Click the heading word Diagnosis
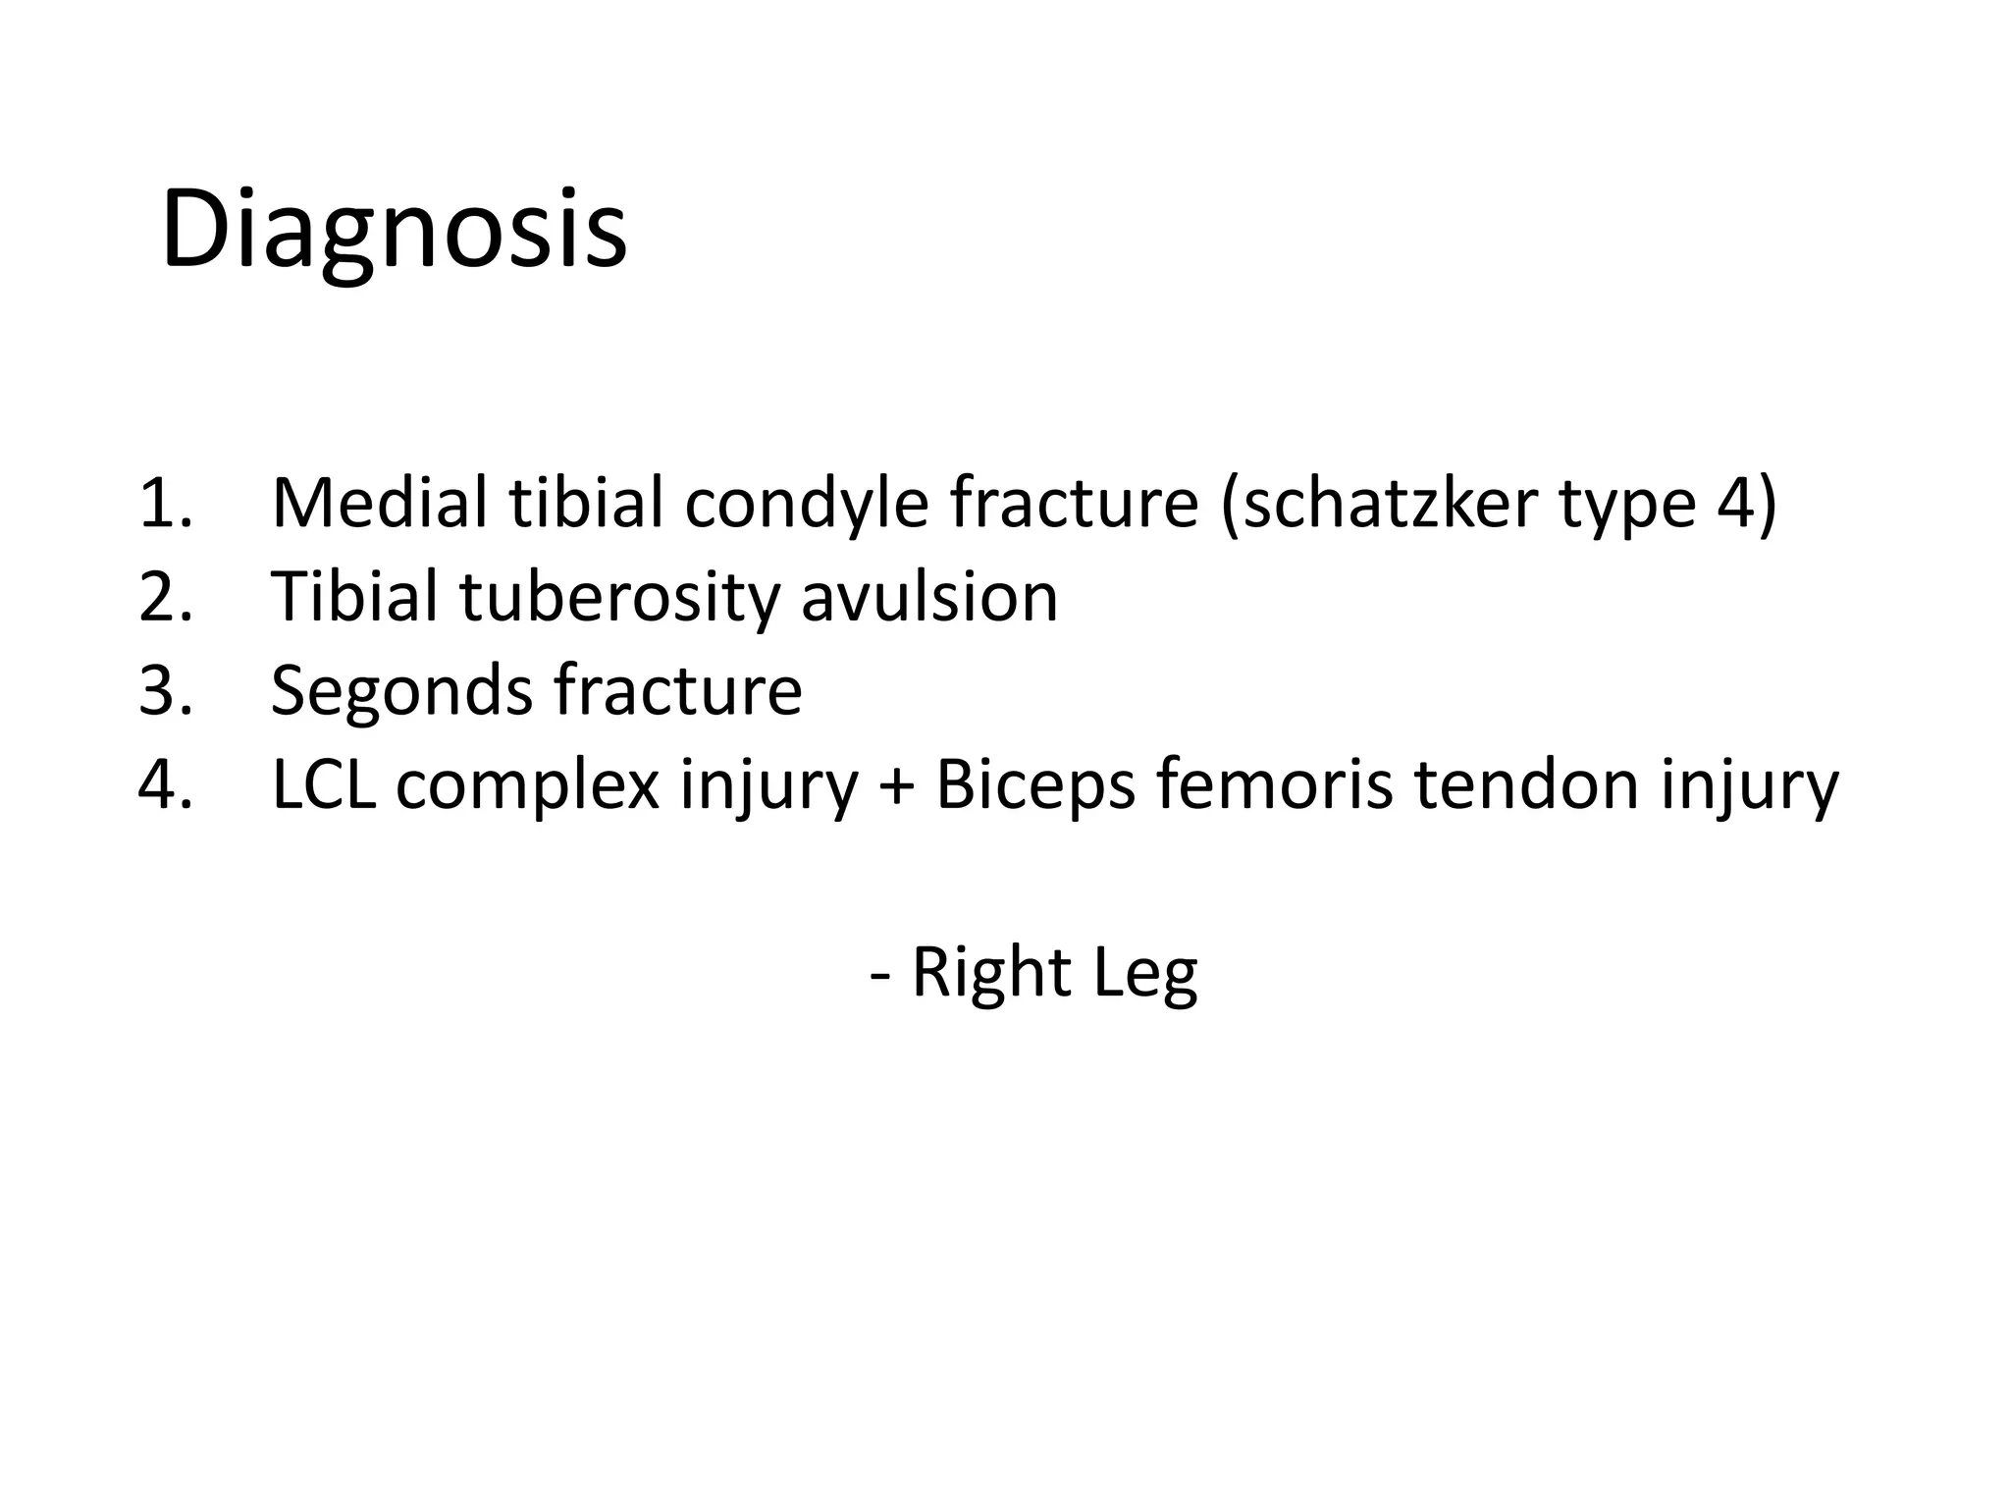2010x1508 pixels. (x=393, y=230)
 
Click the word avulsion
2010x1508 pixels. (x=929, y=596)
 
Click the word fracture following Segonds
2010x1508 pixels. (x=678, y=690)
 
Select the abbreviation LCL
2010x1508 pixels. (x=324, y=784)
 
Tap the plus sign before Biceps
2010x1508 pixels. (x=895, y=786)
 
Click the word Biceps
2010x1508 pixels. (x=1035, y=786)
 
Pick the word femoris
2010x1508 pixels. (x=1274, y=784)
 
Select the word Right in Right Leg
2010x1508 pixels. (x=991, y=973)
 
